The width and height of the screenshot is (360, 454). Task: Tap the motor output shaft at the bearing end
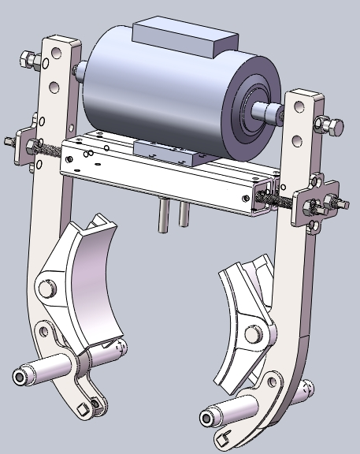[x=273, y=115]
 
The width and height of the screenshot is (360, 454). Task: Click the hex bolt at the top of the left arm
[x=27, y=60]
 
